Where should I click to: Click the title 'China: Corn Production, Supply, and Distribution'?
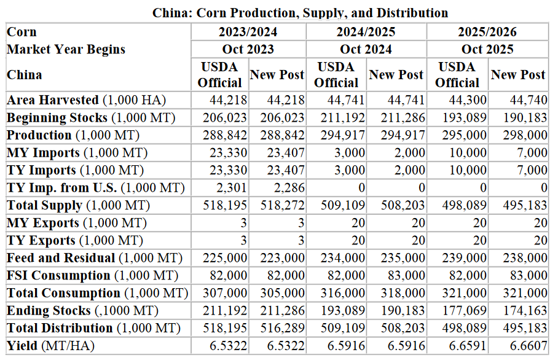[x=300, y=13]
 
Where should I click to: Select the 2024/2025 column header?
[x=367, y=32]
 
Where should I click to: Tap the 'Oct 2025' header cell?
[x=487, y=49]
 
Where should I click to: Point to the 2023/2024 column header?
[x=248, y=32]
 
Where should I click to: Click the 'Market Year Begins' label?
[x=66, y=49]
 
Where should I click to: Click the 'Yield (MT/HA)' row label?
[x=50, y=346]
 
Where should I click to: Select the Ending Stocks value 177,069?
[x=462, y=311]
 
